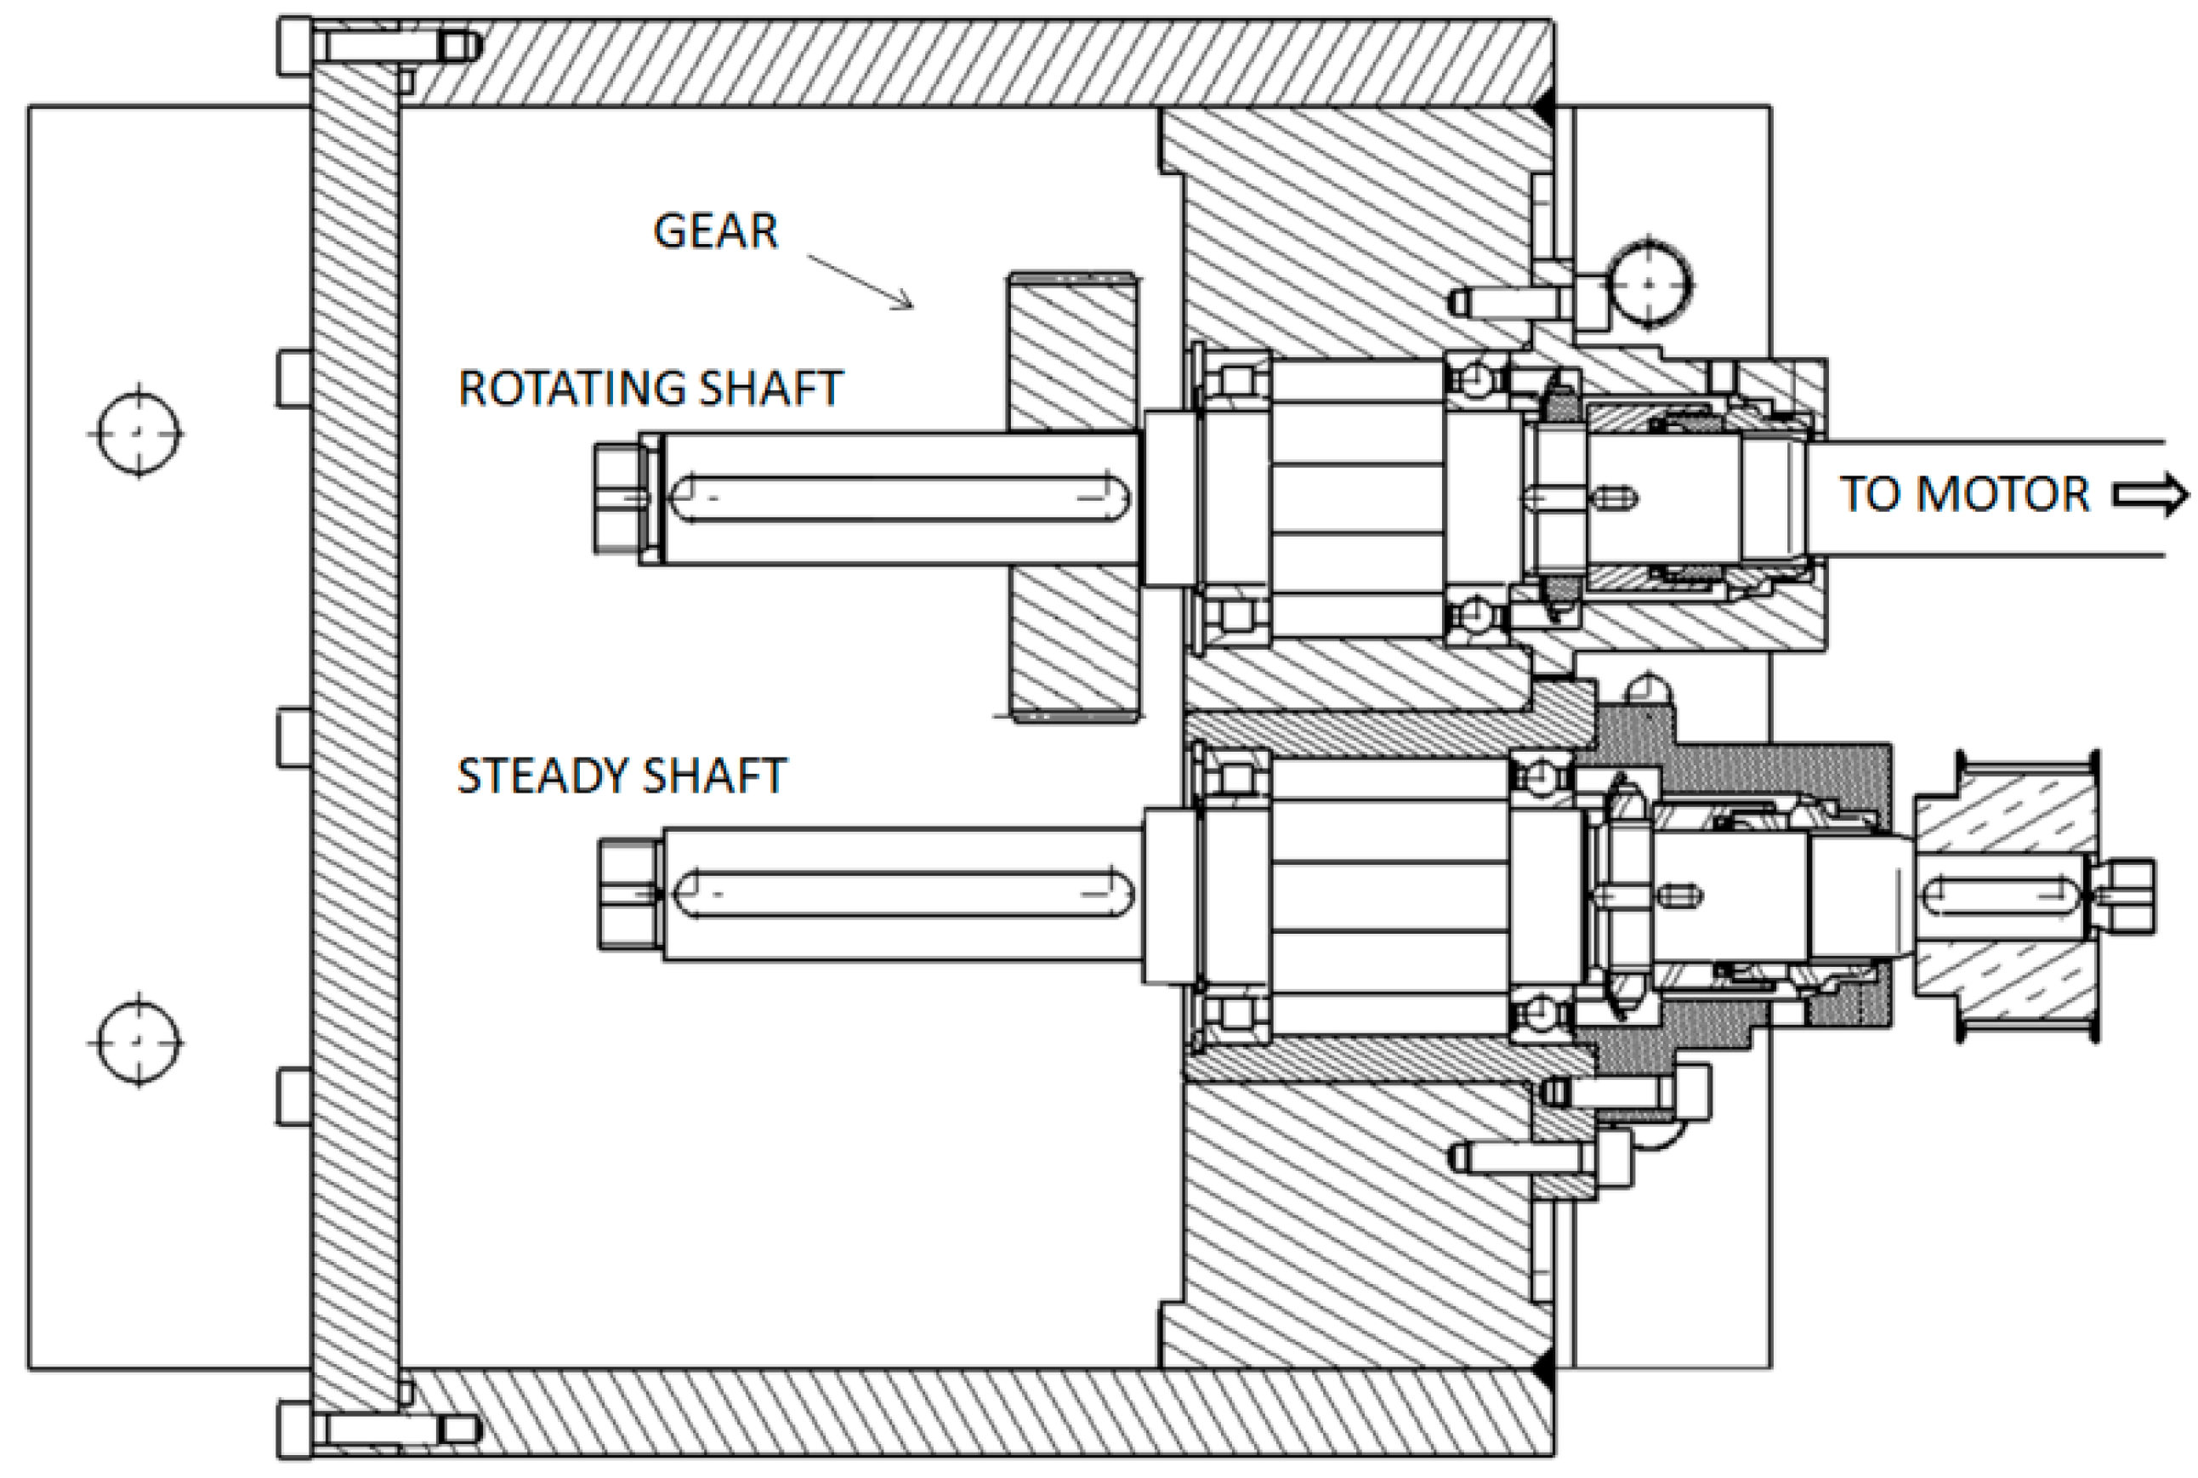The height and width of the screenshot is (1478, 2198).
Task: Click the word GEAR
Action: (715, 231)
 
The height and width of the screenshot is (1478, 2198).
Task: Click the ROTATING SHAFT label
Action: (650, 389)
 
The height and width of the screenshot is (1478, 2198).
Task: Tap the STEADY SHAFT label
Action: (621, 776)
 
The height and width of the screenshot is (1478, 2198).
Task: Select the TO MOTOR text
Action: (1964, 494)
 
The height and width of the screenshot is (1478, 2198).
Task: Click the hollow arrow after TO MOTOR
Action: (2150, 495)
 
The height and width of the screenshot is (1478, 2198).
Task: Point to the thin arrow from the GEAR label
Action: (860, 281)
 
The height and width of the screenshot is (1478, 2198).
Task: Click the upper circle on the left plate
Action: (139, 433)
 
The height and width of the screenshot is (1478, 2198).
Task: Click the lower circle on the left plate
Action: (139, 1042)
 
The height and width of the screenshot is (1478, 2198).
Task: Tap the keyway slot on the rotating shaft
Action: (900, 499)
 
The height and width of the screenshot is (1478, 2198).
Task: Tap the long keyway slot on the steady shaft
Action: (903, 894)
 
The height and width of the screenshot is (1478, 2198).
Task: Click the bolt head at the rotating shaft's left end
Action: (617, 499)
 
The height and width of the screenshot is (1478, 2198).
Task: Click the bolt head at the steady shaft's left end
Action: (628, 894)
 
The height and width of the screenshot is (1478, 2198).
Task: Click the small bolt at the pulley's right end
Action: (2128, 895)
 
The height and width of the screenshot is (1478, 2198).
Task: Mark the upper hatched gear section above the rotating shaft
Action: (1072, 354)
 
